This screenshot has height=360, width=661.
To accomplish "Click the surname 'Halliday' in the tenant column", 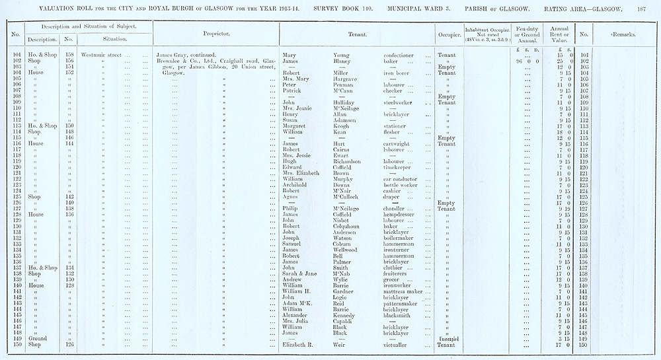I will tap(348, 102).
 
